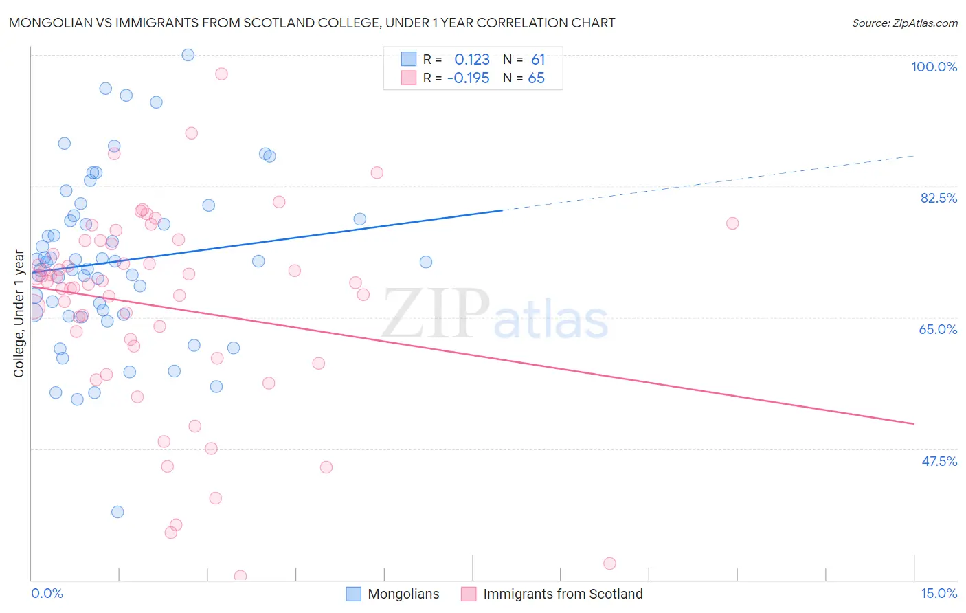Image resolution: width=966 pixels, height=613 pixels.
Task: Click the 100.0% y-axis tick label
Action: point(934,67)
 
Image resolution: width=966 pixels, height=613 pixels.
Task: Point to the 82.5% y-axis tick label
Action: point(939,198)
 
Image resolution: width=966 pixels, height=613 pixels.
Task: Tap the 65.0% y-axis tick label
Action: point(938,329)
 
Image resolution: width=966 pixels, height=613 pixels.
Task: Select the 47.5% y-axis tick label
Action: point(939,461)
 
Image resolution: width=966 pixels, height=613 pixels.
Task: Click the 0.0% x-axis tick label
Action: point(47,593)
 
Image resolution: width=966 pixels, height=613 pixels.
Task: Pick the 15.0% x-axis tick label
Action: point(939,593)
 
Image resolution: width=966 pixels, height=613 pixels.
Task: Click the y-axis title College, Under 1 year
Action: point(19,314)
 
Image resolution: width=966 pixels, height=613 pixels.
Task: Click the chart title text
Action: point(312,23)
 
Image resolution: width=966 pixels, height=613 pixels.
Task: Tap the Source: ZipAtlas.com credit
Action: point(904,23)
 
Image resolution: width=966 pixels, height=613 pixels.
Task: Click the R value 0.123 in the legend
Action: point(472,60)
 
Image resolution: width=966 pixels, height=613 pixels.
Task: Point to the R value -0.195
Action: point(468,78)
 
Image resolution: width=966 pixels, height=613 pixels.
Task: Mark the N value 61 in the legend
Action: point(537,60)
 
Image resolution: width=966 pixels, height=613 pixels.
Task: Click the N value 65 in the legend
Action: point(536,78)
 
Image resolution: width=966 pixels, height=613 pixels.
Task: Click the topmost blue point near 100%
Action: point(188,55)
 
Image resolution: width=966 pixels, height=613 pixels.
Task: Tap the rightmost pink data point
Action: point(732,223)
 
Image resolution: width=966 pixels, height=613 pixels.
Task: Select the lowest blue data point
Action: point(117,512)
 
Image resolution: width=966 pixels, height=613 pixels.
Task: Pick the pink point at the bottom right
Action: point(609,564)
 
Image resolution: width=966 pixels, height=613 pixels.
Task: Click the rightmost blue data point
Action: point(426,262)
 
